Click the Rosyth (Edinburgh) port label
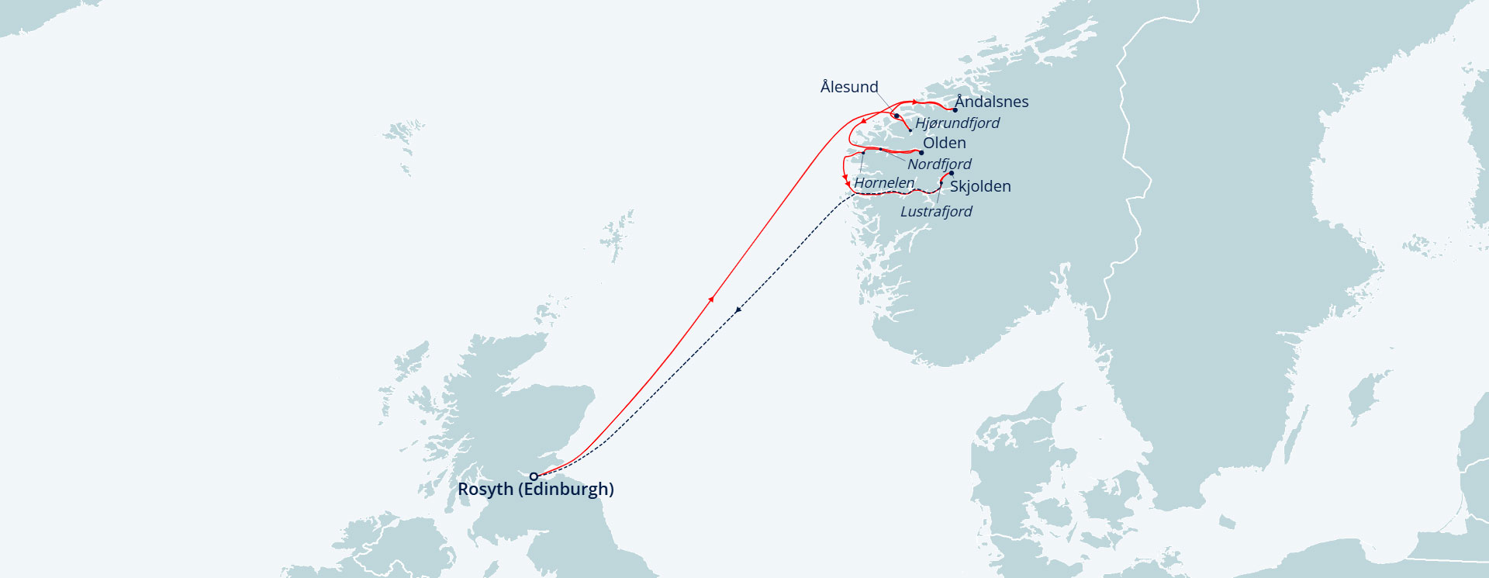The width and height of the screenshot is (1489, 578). [535, 490]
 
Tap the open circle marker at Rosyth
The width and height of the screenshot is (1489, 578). [534, 476]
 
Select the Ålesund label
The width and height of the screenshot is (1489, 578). [849, 87]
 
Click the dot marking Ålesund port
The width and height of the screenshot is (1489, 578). [897, 116]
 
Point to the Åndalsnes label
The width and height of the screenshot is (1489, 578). [991, 102]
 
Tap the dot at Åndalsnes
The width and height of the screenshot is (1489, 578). [955, 110]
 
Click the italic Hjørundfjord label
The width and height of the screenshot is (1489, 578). [957, 123]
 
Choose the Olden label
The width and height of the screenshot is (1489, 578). [944, 143]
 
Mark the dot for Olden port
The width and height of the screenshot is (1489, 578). [921, 153]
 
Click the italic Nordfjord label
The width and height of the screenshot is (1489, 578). [939, 164]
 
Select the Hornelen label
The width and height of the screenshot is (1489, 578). [884, 183]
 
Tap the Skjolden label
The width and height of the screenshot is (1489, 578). [980, 186]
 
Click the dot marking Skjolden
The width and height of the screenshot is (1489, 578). [952, 173]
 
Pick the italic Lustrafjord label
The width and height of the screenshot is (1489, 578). [936, 211]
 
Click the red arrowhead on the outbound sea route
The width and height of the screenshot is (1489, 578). [711, 299]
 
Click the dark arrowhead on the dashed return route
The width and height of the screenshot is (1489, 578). [738, 310]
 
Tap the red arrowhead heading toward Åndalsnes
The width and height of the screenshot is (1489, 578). [915, 102]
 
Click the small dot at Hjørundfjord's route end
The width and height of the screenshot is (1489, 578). [910, 130]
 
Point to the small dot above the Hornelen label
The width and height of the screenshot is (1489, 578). [863, 153]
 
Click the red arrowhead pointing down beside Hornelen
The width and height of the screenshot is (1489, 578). [847, 182]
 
